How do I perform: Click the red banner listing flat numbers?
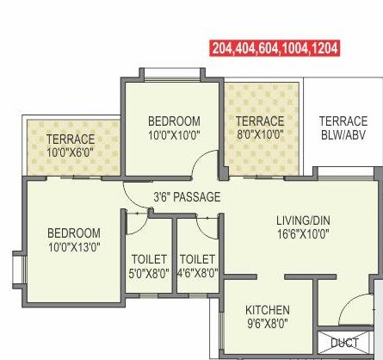284,48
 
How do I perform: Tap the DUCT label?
344,343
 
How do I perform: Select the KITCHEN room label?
267,310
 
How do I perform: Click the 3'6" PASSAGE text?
187,197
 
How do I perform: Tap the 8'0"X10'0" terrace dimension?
260,134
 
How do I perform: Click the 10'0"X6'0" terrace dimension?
71,152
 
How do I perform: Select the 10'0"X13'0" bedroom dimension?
73,247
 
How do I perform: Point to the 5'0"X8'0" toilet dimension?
149,273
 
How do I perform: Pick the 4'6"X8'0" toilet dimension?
197,273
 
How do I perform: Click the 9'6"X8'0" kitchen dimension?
267,325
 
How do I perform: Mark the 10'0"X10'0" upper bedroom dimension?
174,135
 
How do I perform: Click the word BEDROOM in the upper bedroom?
174,121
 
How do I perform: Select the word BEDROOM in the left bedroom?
73,233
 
